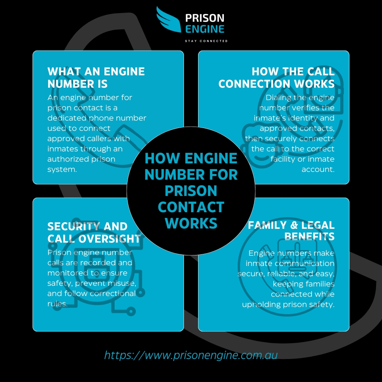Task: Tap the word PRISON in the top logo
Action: (x=205, y=18)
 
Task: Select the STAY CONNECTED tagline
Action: (x=206, y=41)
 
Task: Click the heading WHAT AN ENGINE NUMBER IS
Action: (x=96, y=78)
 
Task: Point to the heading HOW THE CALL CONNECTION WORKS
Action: (x=277, y=78)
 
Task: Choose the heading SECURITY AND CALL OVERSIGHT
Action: (x=94, y=233)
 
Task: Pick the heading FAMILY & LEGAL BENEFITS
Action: (x=291, y=231)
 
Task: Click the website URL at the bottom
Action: (x=191, y=355)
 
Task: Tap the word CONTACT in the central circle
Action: (x=191, y=207)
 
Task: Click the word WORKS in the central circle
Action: (x=191, y=224)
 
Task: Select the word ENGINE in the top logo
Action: (x=205, y=29)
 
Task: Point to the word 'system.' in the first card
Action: (x=62, y=169)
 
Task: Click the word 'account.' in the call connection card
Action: (x=318, y=169)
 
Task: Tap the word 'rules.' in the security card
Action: (x=57, y=304)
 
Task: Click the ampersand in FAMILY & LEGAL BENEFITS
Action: (x=294, y=225)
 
